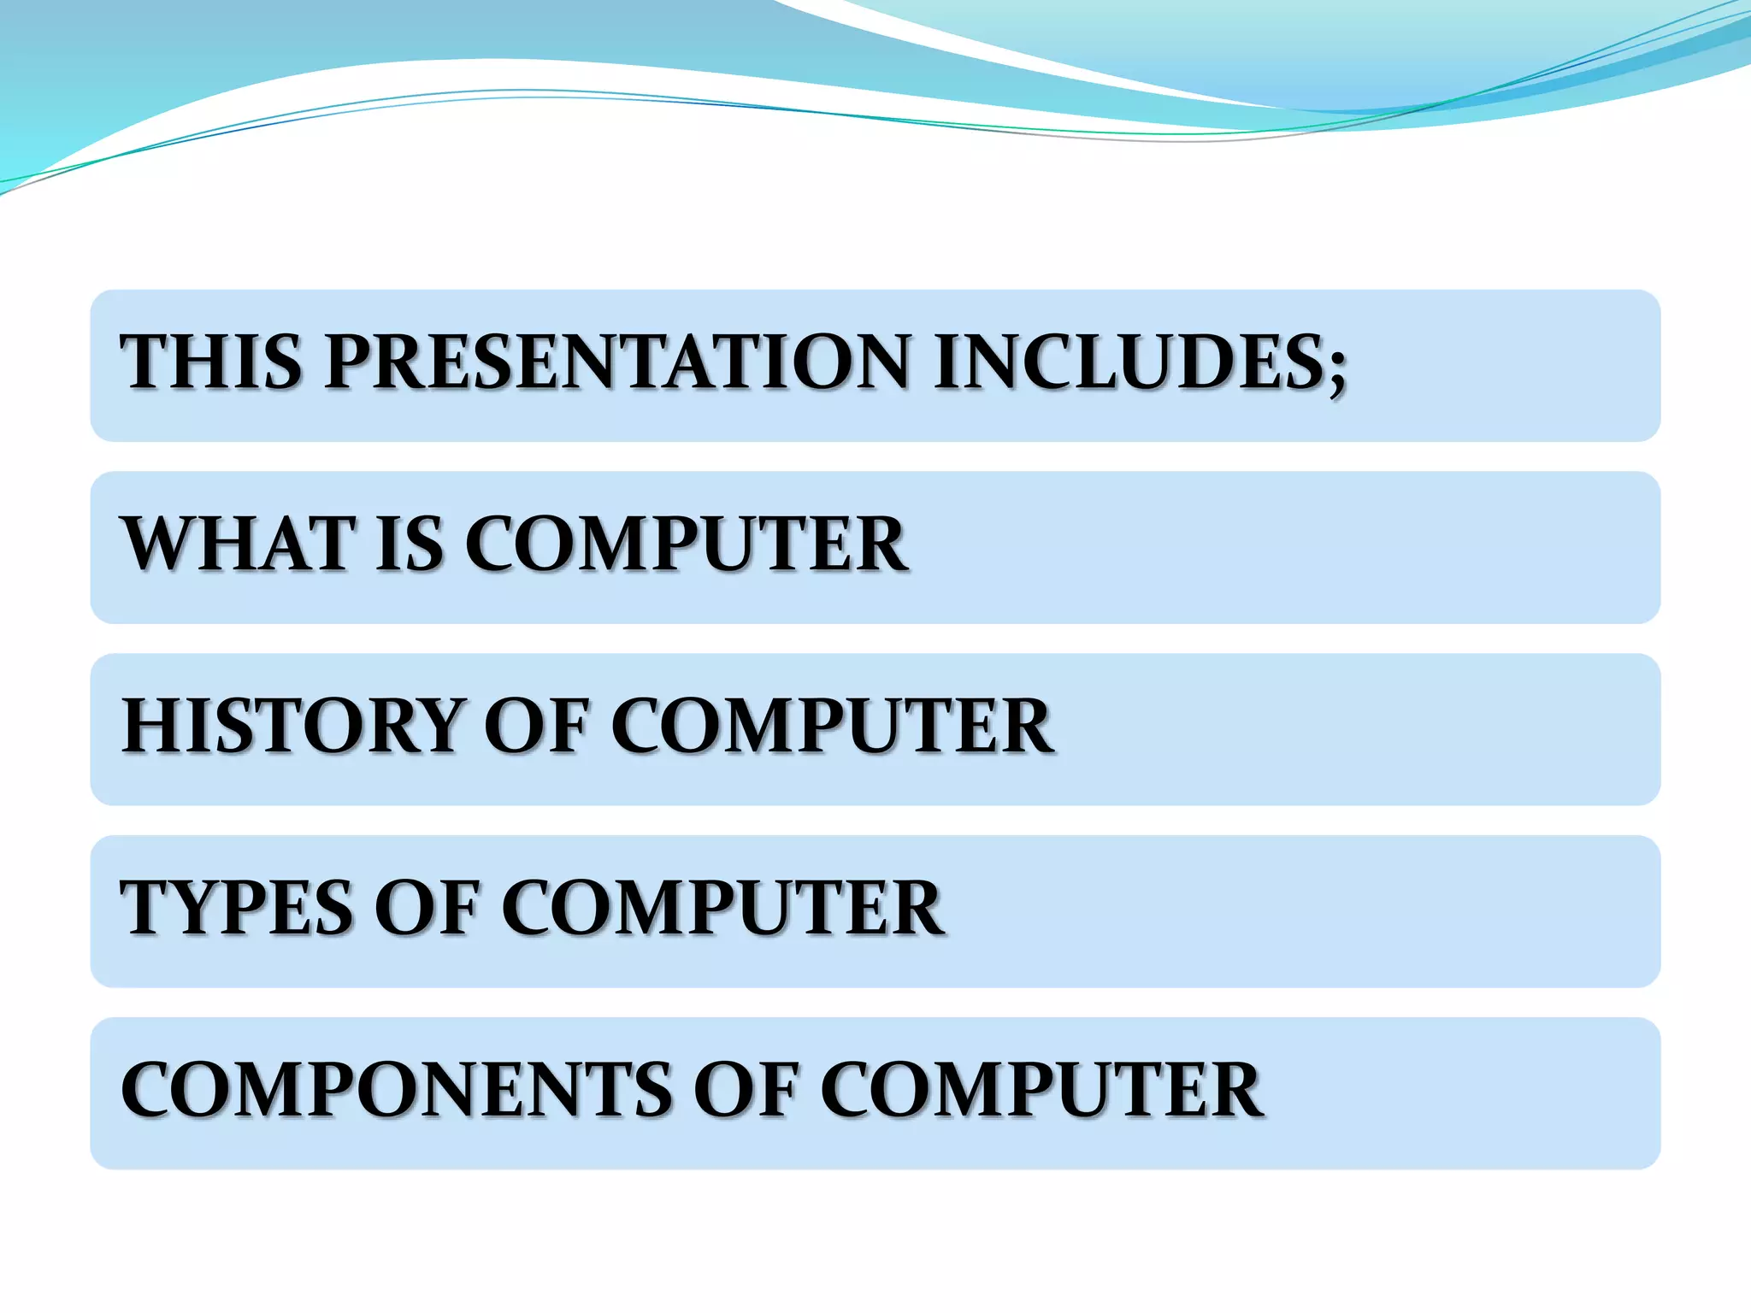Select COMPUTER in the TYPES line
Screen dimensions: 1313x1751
722,908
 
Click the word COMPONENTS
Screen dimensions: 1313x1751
397,1090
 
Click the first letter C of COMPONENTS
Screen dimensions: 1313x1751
148,1090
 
